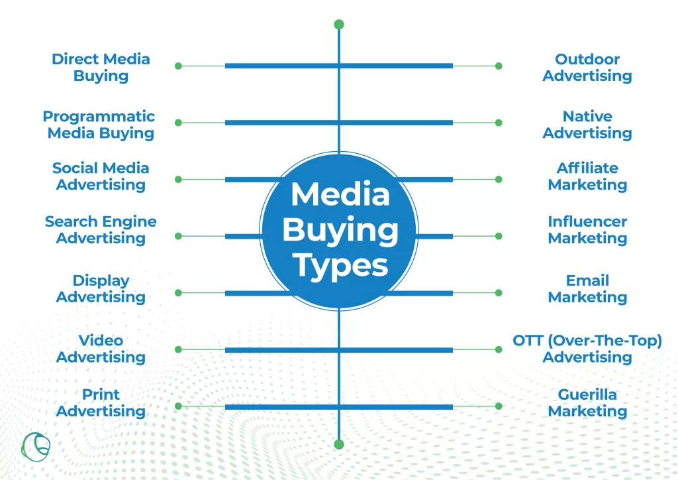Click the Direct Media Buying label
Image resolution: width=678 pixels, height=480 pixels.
click(101, 67)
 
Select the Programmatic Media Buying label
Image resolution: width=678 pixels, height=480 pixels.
click(99, 125)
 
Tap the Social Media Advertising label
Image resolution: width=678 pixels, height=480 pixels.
click(101, 176)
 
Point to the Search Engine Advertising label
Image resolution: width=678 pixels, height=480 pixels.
click(101, 229)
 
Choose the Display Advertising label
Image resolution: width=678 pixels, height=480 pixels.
click(101, 288)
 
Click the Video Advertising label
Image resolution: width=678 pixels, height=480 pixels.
click(101, 348)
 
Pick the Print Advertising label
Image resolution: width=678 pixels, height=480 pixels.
click(101, 402)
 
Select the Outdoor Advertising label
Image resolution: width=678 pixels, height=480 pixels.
click(587, 67)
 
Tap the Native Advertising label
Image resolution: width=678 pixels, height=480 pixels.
click(587, 125)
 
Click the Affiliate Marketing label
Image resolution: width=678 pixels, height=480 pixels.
click(587, 176)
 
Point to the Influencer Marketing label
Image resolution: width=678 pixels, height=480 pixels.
click(587, 229)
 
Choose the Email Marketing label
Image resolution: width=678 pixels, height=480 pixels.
click(587, 288)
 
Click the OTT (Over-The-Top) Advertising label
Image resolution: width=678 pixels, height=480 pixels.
click(587, 348)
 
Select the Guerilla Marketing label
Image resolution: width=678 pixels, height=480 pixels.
click(587, 402)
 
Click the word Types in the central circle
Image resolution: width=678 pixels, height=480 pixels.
click(340, 265)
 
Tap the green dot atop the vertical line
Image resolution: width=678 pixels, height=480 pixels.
click(339, 25)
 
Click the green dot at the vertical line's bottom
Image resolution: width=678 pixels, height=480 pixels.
click(339, 444)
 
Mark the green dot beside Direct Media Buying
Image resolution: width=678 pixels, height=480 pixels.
click(178, 66)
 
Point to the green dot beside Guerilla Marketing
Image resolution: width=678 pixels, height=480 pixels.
click(499, 406)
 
